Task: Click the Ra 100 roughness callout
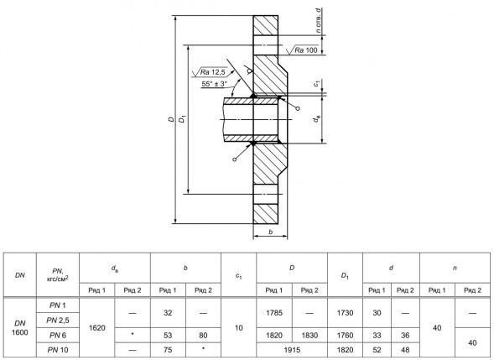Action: (x=306, y=50)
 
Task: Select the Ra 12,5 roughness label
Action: (x=213, y=72)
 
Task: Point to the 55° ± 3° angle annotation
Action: (x=214, y=84)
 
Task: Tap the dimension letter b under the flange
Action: (x=271, y=232)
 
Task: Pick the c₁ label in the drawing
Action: (x=317, y=84)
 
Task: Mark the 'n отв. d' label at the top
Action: (x=319, y=20)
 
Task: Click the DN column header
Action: (x=20, y=275)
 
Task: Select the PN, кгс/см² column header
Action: (x=58, y=274)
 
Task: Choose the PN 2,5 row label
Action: (x=58, y=321)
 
